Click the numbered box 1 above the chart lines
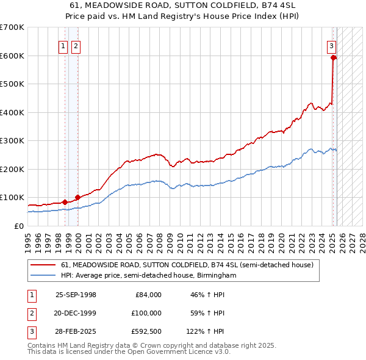(63, 45)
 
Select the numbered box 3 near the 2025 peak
(331, 45)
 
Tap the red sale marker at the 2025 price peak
(334, 58)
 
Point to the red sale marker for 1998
(65, 202)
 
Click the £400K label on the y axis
(12, 112)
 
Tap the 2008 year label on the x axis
(160, 239)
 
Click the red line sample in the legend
(43, 265)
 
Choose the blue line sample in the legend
(43, 276)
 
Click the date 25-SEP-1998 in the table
(76, 295)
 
